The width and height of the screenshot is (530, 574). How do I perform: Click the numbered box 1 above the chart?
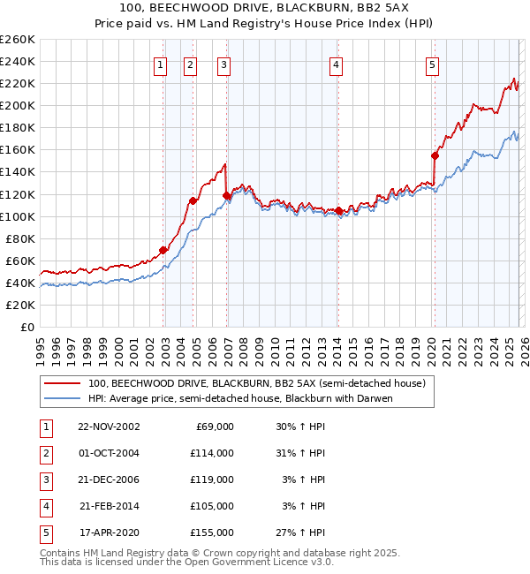pyautogui.click(x=161, y=64)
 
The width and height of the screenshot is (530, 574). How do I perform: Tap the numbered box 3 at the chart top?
pyautogui.click(x=223, y=64)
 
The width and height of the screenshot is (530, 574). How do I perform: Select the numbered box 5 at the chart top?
pyautogui.click(x=432, y=64)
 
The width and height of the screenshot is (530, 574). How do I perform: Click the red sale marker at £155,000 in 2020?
pyautogui.click(x=435, y=155)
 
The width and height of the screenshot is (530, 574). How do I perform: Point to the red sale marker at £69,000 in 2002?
pyautogui.click(x=163, y=250)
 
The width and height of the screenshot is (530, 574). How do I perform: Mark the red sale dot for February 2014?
pyautogui.click(x=339, y=210)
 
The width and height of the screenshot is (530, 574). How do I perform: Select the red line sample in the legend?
pyautogui.click(x=63, y=384)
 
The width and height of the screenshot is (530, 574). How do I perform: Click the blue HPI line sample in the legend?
pyautogui.click(x=63, y=398)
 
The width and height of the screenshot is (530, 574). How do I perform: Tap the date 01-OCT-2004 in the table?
pyautogui.click(x=109, y=453)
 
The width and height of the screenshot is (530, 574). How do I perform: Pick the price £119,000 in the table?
pyautogui.click(x=212, y=480)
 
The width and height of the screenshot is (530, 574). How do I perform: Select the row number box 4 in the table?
pyautogui.click(x=45, y=506)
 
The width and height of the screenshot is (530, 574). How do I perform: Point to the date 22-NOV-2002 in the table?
pyautogui.click(x=109, y=427)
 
